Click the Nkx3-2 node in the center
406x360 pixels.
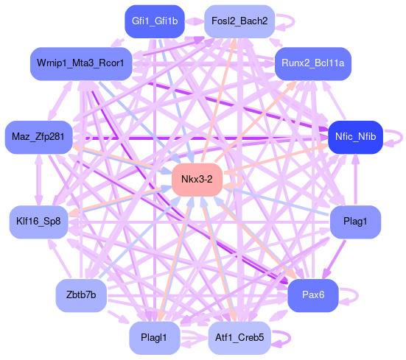coord(197,180)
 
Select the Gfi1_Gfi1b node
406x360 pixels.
coord(155,21)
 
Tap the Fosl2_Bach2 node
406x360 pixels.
coord(239,21)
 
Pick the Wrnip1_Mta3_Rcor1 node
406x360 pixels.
coord(81,63)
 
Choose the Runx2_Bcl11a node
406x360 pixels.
coord(313,63)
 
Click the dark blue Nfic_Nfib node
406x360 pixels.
coord(355,137)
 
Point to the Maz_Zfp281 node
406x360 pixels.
coord(38,137)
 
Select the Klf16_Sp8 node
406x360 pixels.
coord(38,222)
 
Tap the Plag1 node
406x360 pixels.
coord(355,222)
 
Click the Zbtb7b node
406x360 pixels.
coord(81,295)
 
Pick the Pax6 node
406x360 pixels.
coord(313,295)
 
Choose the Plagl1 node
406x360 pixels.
coord(155,338)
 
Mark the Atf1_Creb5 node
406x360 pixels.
coord(239,338)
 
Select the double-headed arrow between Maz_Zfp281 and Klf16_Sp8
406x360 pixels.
coord(39,180)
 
